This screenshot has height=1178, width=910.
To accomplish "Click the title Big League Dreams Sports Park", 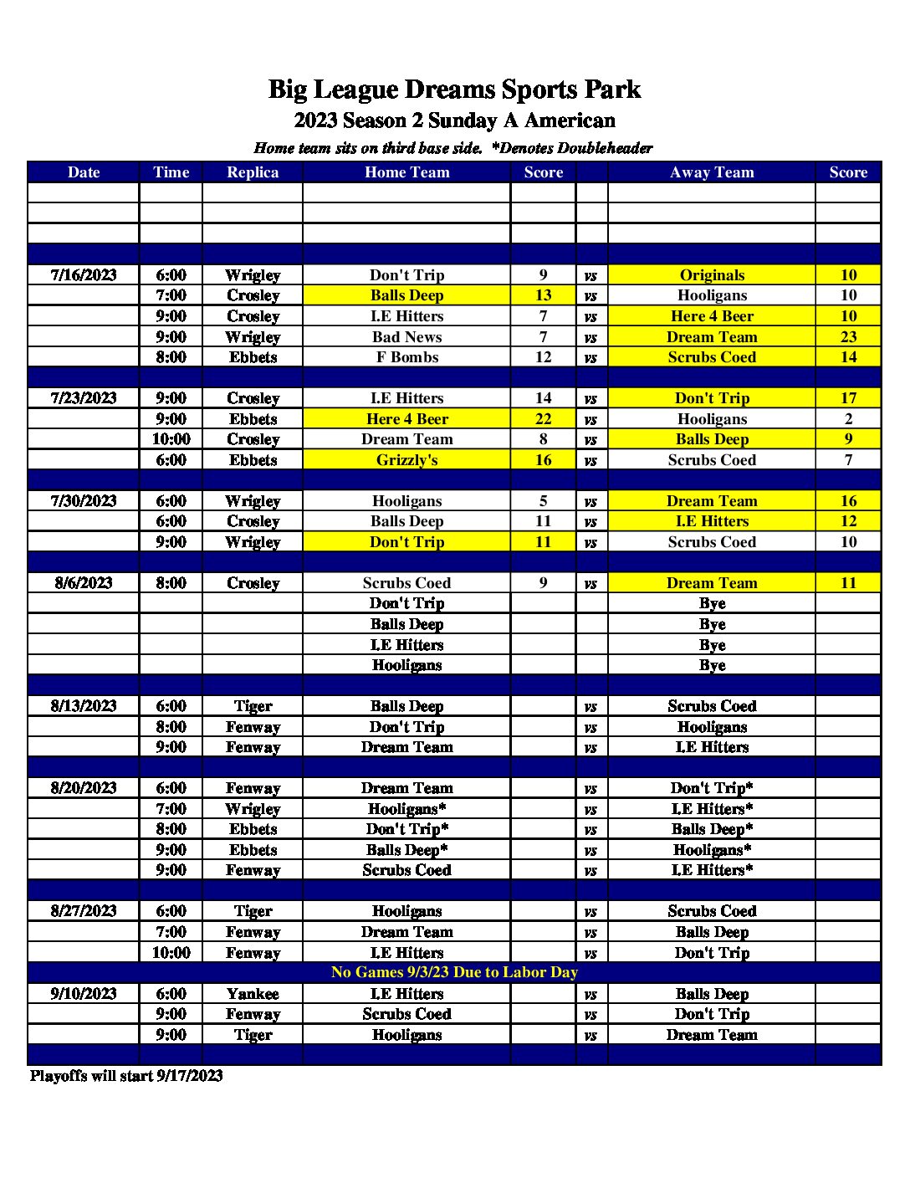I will tap(454, 90).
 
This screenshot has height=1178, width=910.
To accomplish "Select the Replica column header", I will tap(253, 172).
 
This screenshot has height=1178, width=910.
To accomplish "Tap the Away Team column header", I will tap(712, 172).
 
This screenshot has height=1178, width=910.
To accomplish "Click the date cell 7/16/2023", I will tap(84, 275).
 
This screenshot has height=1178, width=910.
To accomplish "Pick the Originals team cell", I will tap(712, 275).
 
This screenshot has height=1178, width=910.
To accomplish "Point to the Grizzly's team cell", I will tap(406, 460).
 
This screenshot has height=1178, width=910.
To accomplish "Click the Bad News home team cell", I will tap(406, 337).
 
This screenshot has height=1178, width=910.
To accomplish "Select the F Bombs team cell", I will tap(406, 357).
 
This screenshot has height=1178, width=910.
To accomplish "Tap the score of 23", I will tap(848, 337).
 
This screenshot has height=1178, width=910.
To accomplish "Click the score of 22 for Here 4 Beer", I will tap(543, 419).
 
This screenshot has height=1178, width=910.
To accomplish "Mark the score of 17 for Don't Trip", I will tap(848, 398).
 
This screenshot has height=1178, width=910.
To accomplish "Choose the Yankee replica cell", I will tap(253, 994).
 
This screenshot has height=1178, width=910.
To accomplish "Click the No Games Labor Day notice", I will tap(454, 972).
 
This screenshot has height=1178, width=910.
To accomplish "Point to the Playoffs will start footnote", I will tap(126, 1076).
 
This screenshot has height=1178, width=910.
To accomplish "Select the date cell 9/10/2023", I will tap(84, 994).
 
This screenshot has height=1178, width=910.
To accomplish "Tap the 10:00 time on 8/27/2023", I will tap(171, 953).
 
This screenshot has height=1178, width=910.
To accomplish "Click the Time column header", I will tap(171, 172).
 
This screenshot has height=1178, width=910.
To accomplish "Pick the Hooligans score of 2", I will tap(848, 419).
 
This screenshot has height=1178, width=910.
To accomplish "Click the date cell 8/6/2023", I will tap(84, 583).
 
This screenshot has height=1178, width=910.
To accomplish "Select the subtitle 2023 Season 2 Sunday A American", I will tap(454, 120).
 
